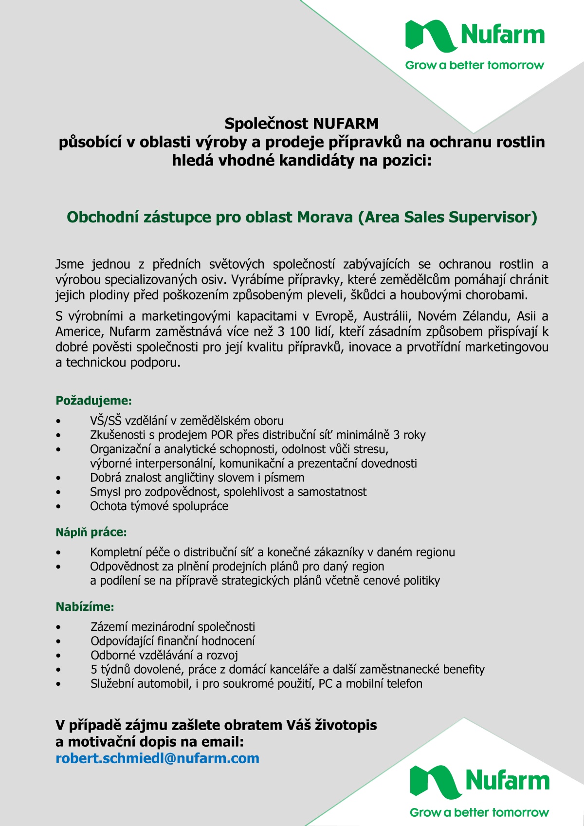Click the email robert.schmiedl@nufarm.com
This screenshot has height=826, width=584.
click(x=157, y=758)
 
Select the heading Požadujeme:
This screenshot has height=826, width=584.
click(x=93, y=401)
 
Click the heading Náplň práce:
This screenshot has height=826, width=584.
click(x=91, y=532)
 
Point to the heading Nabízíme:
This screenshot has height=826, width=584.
click(x=85, y=606)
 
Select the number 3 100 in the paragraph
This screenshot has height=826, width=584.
click(x=293, y=331)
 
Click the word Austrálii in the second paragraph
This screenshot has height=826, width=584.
click(x=387, y=316)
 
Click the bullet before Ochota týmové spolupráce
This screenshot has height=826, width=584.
click(x=58, y=506)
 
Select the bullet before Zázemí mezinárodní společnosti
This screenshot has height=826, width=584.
click(x=58, y=627)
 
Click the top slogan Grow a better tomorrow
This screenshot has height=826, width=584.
click(x=474, y=65)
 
